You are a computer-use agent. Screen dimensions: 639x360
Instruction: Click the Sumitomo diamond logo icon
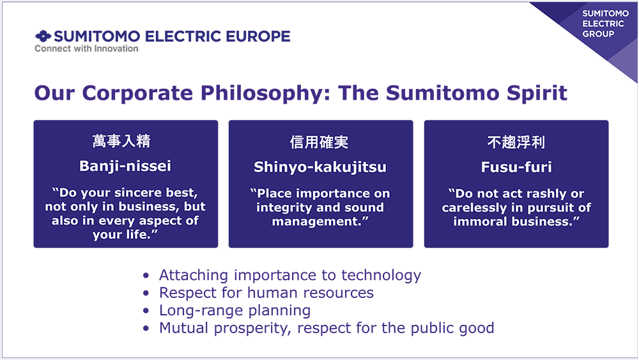[43, 36]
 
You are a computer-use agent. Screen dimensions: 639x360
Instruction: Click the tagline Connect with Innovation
[86, 49]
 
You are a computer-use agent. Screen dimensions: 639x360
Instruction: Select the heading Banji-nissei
[125, 166]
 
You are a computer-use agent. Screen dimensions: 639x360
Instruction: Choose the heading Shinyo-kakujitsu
[320, 167]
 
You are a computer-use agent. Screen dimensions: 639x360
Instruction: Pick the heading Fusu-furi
[516, 167]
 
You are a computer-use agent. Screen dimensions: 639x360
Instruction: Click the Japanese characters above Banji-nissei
[121, 141]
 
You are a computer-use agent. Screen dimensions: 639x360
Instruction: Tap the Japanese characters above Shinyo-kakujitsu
[319, 143]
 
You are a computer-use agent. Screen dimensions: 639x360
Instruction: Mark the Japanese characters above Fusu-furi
[516, 143]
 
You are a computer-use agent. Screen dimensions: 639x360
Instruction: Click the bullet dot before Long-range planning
[146, 311]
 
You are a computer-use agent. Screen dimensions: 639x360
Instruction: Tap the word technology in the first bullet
[381, 276]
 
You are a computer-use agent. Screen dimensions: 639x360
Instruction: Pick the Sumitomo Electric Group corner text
[605, 24]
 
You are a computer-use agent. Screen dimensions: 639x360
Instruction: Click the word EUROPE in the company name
[258, 36]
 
